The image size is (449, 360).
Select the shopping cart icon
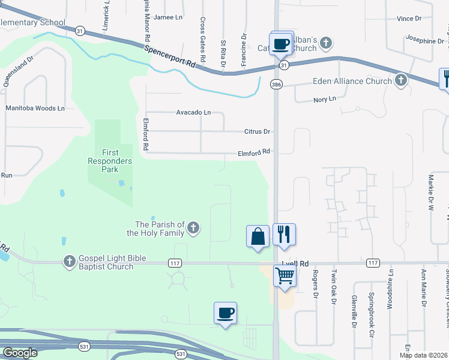coord(285,277)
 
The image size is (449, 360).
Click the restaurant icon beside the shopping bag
coord(285,234)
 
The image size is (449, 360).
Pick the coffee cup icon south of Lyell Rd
coord(226,313)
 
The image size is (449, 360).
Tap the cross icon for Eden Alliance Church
coord(401,81)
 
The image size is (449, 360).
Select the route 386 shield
coord(276,85)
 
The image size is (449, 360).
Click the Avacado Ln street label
coord(193,112)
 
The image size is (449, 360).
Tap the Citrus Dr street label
coord(258,131)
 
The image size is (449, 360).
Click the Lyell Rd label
coord(295,263)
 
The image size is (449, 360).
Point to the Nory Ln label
coord(325,99)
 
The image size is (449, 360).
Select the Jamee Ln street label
coord(168,17)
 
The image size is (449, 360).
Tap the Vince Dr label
coord(409,19)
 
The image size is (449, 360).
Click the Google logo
coord(19,353)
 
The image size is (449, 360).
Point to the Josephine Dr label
coord(424,41)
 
